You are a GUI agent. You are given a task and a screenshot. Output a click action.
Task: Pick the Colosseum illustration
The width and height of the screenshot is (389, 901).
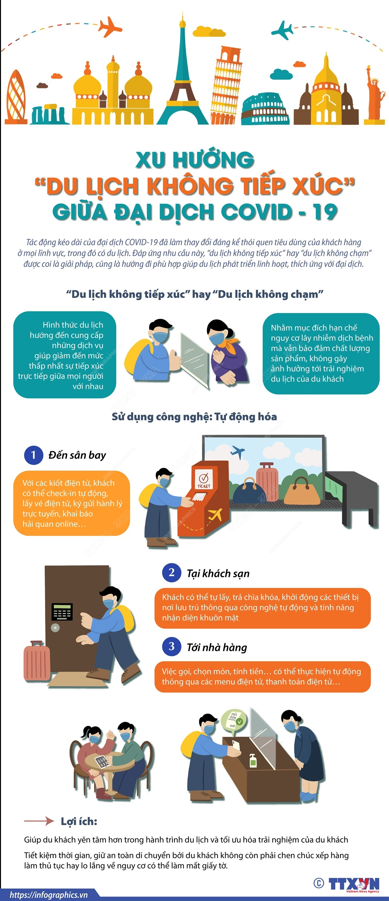[265, 109]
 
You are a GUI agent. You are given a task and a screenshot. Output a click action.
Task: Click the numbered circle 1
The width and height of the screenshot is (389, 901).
[34, 455]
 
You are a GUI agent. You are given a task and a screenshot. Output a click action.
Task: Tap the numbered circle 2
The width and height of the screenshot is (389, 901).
[171, 572]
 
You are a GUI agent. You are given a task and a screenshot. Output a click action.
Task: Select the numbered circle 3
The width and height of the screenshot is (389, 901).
[171, 646]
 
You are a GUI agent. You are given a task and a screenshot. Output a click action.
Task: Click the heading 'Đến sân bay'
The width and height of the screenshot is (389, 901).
[77, 455]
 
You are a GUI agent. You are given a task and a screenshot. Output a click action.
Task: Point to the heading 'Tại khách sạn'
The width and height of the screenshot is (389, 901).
[218, 573]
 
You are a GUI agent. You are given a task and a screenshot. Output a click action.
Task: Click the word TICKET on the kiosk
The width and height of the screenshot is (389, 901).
[203, 486]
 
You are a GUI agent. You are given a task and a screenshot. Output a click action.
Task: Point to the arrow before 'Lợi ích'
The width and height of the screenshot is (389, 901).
[39, 821]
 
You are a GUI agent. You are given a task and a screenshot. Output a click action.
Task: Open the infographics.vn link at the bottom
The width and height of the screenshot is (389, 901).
[49, 895]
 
